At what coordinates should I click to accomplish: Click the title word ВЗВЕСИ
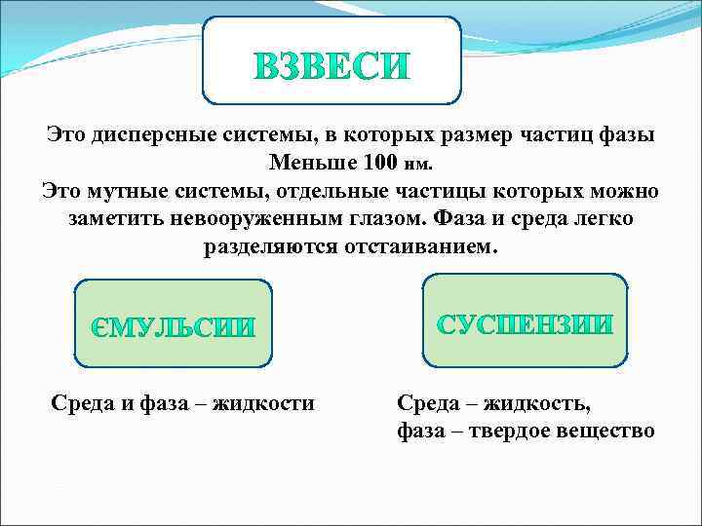[x=331, y=66]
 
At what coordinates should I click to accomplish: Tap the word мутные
[x=132, y=189]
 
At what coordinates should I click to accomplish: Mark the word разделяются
[x=269, y=245]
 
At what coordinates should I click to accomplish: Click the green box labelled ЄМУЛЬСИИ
[x=173, y=324]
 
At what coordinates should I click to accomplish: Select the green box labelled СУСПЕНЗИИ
[x=525, y=324]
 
